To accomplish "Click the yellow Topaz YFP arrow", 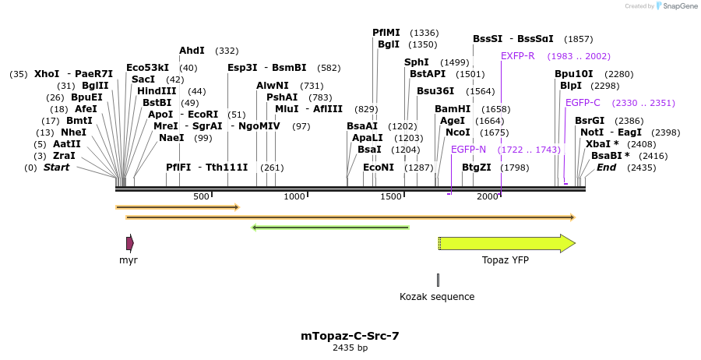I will click(x=506, y=244).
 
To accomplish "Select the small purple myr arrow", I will click(x=129, y=243).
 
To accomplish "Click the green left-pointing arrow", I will click(x=330, y=228).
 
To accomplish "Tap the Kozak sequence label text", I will click(x=437, y=297).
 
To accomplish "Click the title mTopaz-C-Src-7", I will click(x=350, y=336).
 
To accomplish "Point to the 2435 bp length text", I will click(x=350, y=348).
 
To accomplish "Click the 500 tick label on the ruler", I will click(x=201, y=196).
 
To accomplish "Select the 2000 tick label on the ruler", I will click(x=488, y=196).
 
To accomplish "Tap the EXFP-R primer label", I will click(x=518, y=56).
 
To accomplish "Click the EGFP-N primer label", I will click(x=468, y=149).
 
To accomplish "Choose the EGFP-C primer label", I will click(x=583, y=103).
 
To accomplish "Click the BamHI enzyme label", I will click(x=453, y=108).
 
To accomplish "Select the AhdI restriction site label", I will click(x=192, y=51).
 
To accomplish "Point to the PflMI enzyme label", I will click(x=386, y=33).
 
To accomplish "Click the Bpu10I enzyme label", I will click(x=574, y=74).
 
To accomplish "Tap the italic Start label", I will click(x=56, y=168).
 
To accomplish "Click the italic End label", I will click(x=606, y=168).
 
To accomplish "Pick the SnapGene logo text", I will click(x=681, y=6).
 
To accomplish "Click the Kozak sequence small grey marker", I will click(x=438, y=280).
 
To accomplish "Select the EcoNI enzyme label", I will click(x=379, y=168).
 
